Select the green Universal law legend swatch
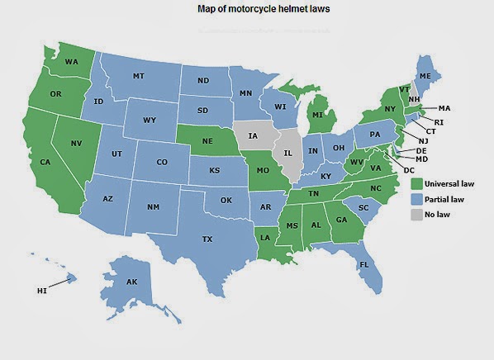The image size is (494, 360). pyautogui.click(x=417, y=183)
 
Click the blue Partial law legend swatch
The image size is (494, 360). pyautogui.click(x=417, y=199)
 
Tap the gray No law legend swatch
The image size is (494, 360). pyautogui.click(x=417, y=215)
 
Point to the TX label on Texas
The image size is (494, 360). pyautogui.click(x=207, y=239)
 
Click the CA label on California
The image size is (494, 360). pyautogui.click(x=46, y=162)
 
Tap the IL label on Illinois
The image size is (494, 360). pyautogui.click(x=288, y=154)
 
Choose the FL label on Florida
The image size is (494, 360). pyautogui.click(x=364, y=265)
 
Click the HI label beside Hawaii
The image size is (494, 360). pyautogui.click(x=42, y=291)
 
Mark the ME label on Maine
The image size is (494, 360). pyautogui.click(x=425, y=76)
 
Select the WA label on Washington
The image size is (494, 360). pyautogui.click(x=72, y=61)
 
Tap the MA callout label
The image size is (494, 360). pyautogui.click(x=444, y=108)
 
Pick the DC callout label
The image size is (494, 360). pyautogui.click(x=409, y=169)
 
